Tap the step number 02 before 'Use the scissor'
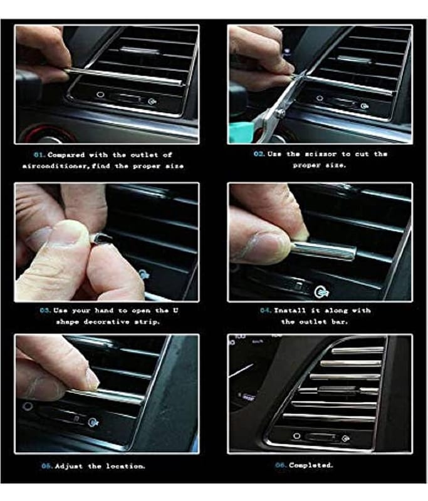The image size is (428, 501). tap(259, 154)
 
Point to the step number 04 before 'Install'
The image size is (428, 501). tap(266, 311)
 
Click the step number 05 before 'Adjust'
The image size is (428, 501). tap(47, 466)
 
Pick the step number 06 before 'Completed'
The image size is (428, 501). tap(281, 465)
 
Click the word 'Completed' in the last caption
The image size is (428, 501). tap(310, 465)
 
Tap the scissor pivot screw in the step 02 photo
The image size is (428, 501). tap(280, 112)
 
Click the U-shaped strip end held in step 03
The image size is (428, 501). tap(102, 239)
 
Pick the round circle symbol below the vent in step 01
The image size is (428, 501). tap(100, 95)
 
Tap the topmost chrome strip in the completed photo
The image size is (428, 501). tap(357, 351)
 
